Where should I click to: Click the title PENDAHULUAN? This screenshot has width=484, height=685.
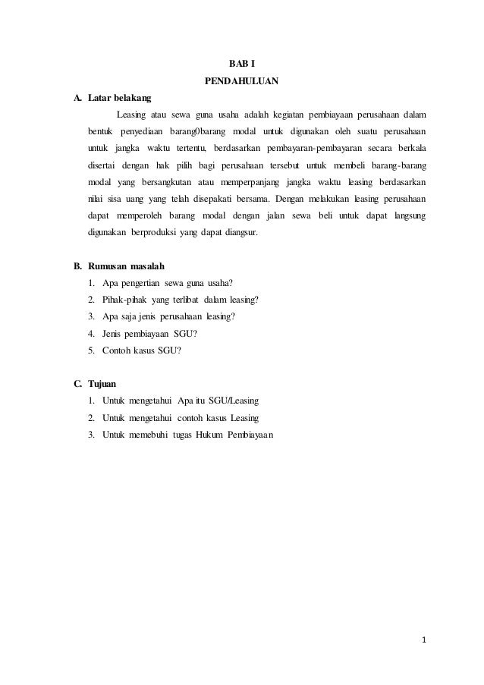[242, 80]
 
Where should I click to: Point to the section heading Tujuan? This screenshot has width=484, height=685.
[103, 383]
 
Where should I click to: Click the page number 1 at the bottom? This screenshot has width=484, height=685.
[425, 639]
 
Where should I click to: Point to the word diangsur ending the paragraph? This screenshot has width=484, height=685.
[239, 234]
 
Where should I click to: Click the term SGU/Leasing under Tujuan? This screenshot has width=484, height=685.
[240, 401]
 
